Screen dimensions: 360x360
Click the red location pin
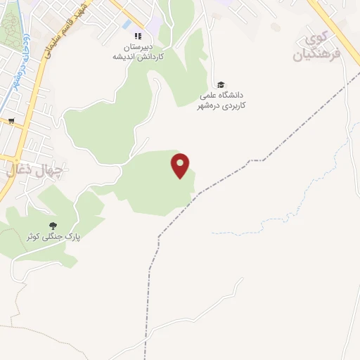[181, 165]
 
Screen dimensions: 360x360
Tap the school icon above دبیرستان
[138, 37]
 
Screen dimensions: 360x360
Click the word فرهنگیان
[310, 53]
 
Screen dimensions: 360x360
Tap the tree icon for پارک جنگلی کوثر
[53, 226]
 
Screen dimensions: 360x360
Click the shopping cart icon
[11, 120]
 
